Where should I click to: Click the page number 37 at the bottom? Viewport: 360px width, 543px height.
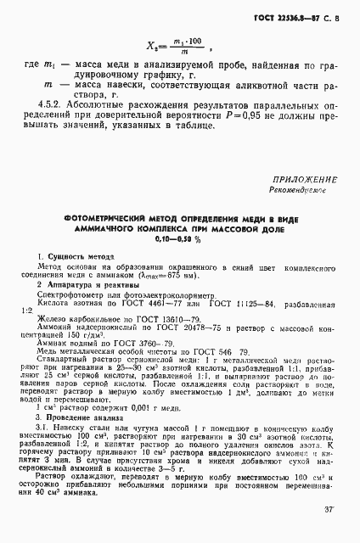tap(329, 509)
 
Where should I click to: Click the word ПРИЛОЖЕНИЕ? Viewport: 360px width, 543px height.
tap(305, 180)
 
